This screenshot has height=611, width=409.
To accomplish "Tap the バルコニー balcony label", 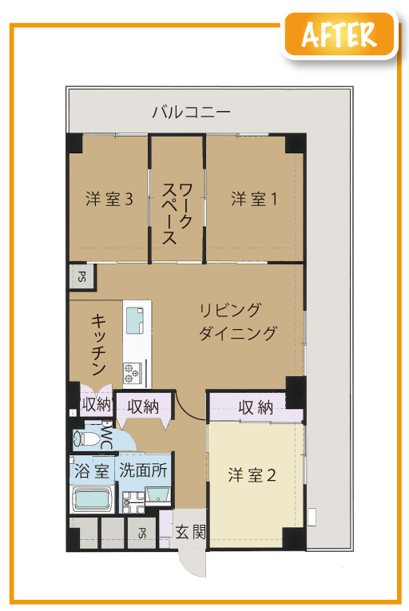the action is pos(192,113).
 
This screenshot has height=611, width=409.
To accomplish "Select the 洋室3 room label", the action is pos(109,199).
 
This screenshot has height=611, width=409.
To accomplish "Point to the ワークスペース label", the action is pos(177,214).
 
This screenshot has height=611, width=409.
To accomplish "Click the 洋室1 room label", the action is pos(254,199).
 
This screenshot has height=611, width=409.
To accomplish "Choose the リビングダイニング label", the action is pos(238,322).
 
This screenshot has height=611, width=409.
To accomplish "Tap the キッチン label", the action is pos(98,344).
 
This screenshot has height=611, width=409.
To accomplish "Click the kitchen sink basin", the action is pos(134,320).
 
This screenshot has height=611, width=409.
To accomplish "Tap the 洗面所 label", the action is pos(143,470).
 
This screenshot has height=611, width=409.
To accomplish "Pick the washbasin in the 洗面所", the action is pos(157,495).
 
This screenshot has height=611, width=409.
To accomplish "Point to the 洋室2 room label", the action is pos(252,475).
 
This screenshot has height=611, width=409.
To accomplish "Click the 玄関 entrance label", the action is pos(190,531).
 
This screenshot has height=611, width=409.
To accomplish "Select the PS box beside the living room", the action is pos(81,277).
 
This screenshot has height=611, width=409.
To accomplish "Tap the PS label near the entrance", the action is pos(142,533).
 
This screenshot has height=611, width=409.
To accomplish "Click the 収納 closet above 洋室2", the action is pos(256,407).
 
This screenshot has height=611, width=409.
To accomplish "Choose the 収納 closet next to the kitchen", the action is pos(97,404).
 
